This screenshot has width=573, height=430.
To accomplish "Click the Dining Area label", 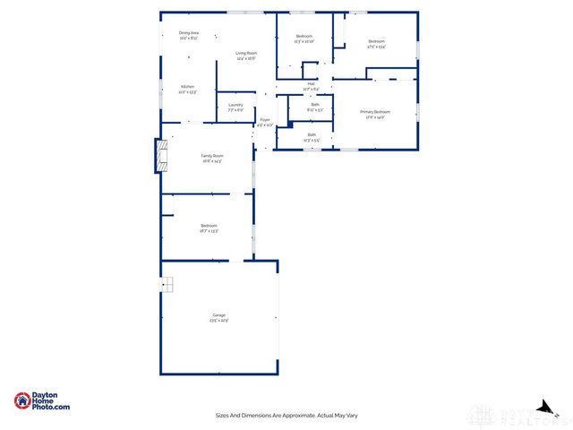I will click(x=188, y=32).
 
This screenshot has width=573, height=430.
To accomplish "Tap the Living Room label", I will click(x=246, y=53).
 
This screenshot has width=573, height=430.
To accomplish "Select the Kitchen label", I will click(x=187, y=87).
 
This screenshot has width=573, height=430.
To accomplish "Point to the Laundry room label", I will click(x=235, y=105).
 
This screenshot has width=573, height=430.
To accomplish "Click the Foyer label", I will click(x=265, y=119).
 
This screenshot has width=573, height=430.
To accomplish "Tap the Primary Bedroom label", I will click(x=375, y=111).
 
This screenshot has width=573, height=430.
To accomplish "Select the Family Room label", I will click(x=211, y=156).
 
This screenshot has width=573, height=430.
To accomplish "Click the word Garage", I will click(x=218, y=315).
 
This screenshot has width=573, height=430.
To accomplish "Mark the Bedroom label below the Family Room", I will click(x=209, y=225).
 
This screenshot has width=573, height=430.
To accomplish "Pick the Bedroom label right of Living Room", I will click(x=304, y=36).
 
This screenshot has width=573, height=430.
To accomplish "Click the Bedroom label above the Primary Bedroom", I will click(x=376, y=41).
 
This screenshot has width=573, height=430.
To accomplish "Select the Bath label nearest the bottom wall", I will click(x=311, y=135).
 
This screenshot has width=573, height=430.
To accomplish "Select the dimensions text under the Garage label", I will click(x=219, y=321).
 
